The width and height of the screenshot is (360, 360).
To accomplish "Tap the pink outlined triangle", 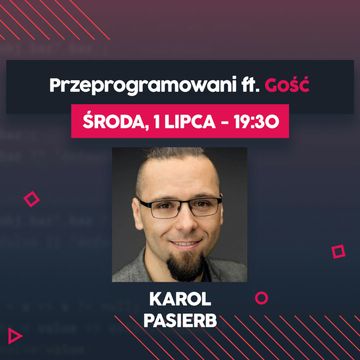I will [x=15, y=334].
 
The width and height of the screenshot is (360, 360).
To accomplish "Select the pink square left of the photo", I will [x=31, y=199].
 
